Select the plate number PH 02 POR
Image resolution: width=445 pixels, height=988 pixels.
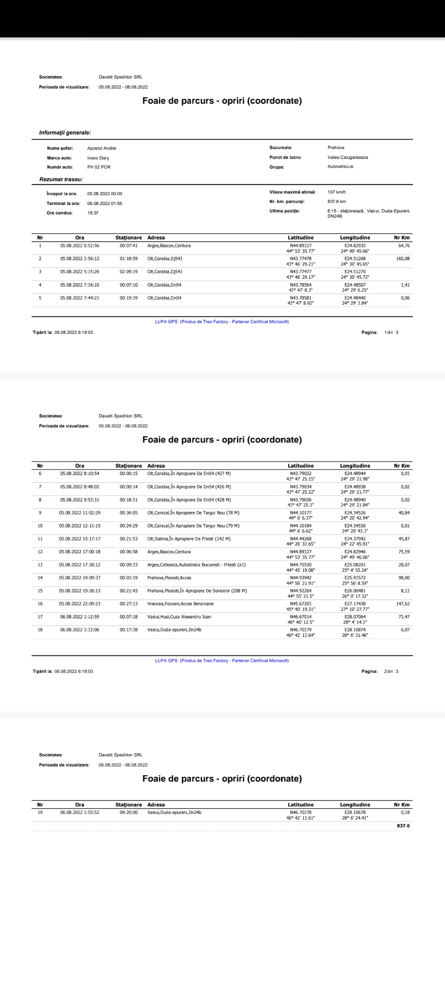99,167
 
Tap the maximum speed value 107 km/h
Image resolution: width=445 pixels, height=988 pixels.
337,192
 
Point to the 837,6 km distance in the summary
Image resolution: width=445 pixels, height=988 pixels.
337,202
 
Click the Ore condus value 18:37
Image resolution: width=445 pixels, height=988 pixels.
93,213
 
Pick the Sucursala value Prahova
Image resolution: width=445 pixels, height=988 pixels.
336,147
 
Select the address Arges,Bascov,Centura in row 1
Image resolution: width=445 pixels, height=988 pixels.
169,246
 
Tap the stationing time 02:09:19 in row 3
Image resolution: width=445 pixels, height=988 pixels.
129,272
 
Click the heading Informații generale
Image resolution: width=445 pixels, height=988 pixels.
65,133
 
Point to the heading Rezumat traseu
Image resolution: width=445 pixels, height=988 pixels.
61,179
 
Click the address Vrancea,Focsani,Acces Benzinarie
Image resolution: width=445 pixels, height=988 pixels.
180,604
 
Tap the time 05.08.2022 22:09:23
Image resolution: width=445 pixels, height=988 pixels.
80,604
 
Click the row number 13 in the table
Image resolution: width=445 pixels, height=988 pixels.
40,565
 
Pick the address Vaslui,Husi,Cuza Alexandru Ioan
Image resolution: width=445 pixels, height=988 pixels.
179,617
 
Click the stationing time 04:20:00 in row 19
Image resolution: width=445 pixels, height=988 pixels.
129,813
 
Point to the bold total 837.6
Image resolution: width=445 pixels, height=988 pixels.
403,826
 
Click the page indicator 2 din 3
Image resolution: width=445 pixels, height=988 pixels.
391,671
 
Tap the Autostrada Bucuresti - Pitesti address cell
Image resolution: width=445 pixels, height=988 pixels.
197,565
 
